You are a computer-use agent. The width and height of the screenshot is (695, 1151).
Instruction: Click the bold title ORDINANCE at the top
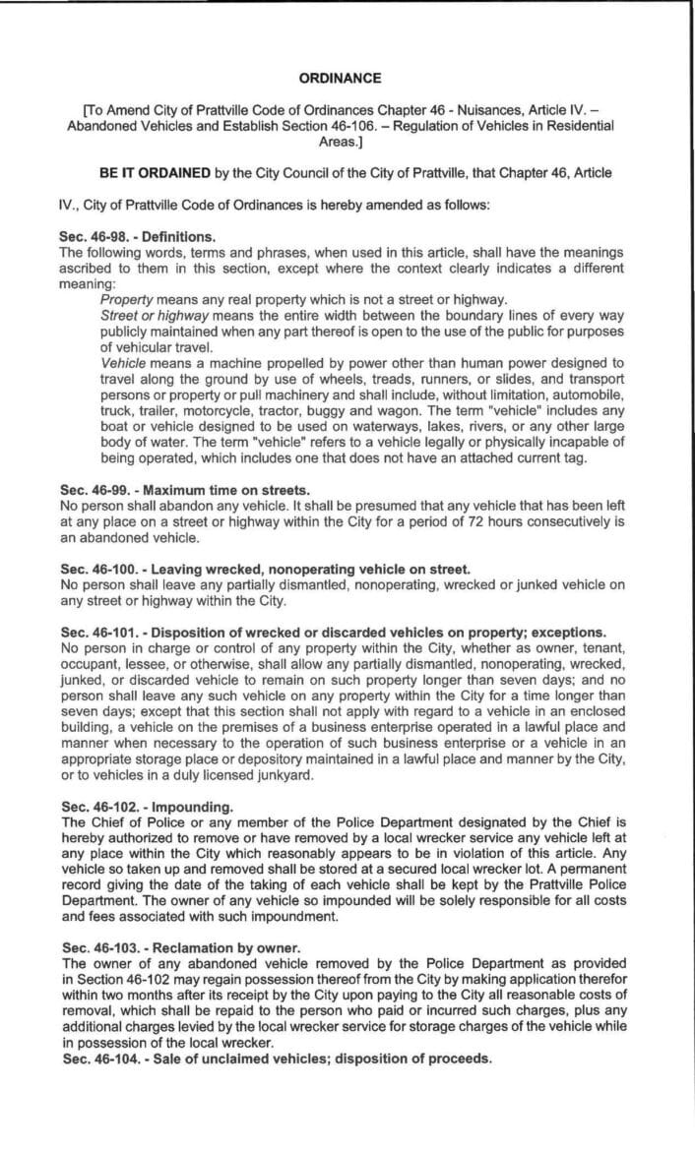tap(347, 78)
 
